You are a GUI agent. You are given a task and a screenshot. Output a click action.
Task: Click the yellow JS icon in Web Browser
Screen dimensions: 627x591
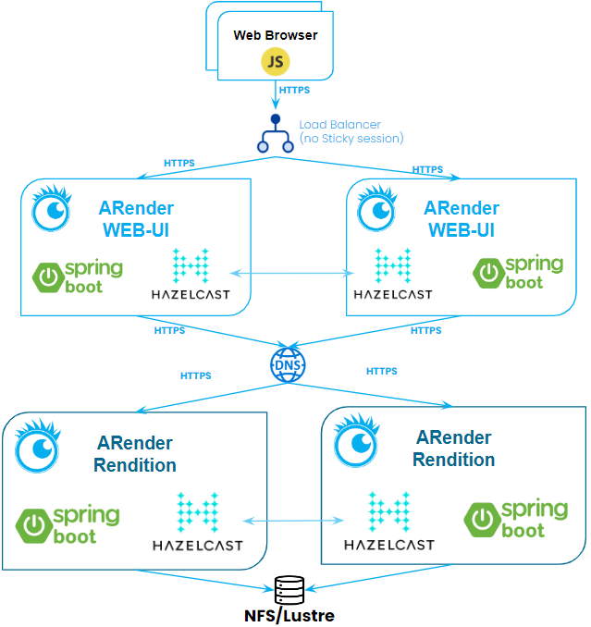(275, 61)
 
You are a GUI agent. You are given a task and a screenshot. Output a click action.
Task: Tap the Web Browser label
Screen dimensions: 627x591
(275, 36)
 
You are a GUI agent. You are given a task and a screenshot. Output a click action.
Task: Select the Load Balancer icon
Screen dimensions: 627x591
(275, 134)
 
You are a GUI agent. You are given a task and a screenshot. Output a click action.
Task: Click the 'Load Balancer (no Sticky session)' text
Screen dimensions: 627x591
(351, 131)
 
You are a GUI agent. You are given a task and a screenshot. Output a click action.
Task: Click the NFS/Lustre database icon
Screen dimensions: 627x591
(289, 588)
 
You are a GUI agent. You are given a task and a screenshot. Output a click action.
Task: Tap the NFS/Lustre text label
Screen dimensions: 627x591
(289, 614)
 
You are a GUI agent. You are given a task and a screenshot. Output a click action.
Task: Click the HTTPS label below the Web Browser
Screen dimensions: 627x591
(294, 91)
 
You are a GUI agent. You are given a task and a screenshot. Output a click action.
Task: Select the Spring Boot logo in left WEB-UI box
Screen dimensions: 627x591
(78, 277)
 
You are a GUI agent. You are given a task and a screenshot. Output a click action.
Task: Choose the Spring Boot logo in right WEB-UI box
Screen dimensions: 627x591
(518, 271)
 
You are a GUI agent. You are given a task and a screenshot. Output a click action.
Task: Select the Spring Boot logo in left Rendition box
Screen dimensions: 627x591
(68, 524)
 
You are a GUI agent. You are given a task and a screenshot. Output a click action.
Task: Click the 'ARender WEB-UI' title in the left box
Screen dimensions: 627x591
(137, 219)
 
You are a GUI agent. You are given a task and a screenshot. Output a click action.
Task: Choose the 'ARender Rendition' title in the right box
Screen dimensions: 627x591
(453, 449)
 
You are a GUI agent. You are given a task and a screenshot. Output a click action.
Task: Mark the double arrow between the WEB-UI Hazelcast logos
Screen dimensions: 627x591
(291, 273)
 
